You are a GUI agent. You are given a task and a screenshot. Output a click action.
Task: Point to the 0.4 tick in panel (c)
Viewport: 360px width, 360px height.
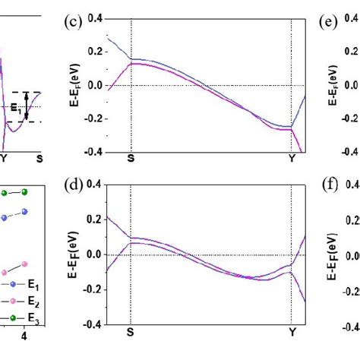click(x=96, y=17)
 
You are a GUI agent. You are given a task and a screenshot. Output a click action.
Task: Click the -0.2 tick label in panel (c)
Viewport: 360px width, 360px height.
click(x=94, y=118)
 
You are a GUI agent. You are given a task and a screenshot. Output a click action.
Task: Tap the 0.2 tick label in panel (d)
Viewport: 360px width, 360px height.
click(x=96, y=219)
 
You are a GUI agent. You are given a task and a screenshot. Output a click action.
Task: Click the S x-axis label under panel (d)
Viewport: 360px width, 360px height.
click(x=131, y=332)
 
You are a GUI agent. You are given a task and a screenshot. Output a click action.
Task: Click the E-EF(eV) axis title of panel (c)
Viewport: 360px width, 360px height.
click(x=76, y=84)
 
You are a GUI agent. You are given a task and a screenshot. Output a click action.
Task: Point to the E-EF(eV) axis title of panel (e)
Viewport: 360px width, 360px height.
click(x=333, y=84)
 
